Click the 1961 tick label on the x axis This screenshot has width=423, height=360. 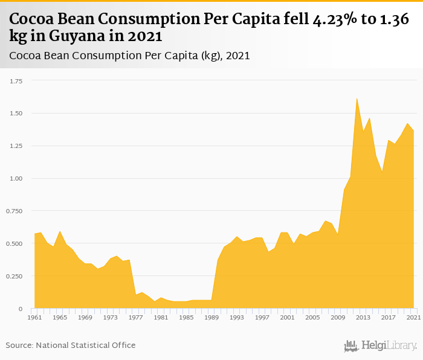(x=35, y=317)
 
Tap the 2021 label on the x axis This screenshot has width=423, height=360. (x=414, y=317)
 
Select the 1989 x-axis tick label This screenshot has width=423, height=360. (x=211, y=317)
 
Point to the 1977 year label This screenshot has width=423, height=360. (x=136, y=317)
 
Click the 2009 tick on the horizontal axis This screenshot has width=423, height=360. (x=338, y=317)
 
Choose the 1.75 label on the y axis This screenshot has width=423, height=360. (x=16, y=81)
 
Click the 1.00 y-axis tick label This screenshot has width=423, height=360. (x=16, y=179)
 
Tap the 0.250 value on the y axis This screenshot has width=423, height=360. (x=14, y=277)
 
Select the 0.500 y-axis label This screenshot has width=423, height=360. (x=14, y=244)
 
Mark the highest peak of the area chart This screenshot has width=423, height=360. (x=357, y=98)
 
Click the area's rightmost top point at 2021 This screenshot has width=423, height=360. (x=414, y=131)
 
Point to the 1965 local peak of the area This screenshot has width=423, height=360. (x=60, y=231)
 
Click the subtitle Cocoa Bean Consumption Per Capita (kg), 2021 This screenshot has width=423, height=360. (x=130, y=56)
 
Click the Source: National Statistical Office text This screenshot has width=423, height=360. (x=71, y=345)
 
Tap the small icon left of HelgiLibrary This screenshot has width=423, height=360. (x=351, y=346)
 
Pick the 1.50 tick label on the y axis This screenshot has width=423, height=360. (x=16, y=114)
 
